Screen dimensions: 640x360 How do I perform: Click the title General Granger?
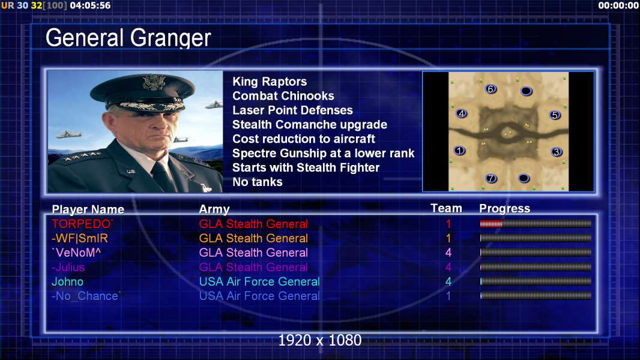128,38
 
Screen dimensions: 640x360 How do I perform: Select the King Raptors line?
270,82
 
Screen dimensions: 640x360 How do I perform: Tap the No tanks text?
257,182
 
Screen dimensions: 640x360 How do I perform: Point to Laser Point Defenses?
292,110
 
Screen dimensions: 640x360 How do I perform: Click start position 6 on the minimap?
491,89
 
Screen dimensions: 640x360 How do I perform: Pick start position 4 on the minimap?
461,113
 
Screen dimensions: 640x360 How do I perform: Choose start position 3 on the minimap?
557,152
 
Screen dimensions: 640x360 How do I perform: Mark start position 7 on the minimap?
491,178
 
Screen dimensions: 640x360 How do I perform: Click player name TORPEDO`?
82,224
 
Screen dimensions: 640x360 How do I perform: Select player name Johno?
67,282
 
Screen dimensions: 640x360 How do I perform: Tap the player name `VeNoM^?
76,253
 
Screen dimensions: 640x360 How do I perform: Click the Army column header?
214,209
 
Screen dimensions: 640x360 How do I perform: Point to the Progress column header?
504,209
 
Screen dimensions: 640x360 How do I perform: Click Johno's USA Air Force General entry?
259,282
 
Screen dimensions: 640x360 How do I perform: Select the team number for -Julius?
448,268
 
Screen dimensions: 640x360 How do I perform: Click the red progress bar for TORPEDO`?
491,223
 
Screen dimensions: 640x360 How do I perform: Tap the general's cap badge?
154,82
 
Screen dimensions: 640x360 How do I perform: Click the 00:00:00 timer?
618,5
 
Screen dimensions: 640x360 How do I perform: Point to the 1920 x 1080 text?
319,340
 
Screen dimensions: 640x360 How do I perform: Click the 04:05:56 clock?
90,5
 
